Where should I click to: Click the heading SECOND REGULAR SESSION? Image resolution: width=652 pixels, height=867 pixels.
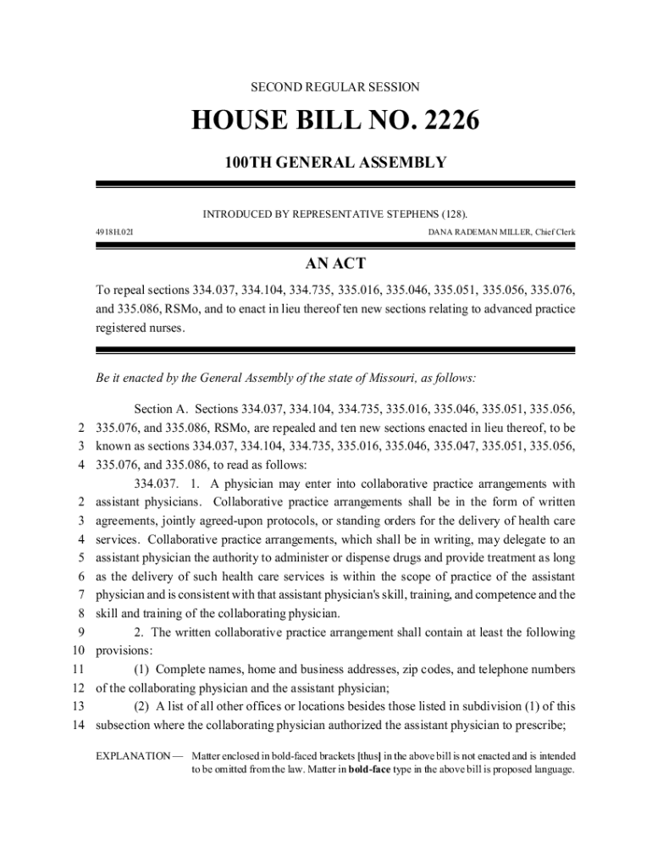click(334, 87)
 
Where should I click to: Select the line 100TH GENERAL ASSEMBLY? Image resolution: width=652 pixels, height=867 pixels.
click(334, 163)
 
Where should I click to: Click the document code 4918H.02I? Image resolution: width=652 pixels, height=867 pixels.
click(113, 230)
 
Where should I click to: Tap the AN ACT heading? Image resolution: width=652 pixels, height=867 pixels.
click(334, 264)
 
